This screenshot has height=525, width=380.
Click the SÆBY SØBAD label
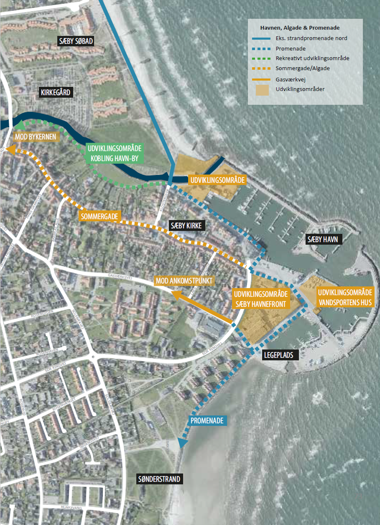point(76,41)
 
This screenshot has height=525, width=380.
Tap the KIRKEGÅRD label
point(56,92)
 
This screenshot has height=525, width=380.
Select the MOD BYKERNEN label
point(36,137)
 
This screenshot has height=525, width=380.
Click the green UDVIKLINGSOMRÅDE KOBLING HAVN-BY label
point(115,153)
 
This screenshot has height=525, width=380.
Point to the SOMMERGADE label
point(100,216)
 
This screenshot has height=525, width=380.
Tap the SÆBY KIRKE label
point(186,226)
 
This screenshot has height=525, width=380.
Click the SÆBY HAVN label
point(323,239)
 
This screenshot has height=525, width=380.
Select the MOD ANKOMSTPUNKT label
point(184,281)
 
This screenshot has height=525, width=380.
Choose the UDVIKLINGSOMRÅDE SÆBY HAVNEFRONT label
point(261,299)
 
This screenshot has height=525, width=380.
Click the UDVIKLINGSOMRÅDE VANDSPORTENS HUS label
point(345,297)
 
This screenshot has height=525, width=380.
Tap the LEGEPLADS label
point(279,355)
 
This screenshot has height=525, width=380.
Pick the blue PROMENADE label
point(207,421)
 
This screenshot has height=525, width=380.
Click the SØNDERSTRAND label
point(159,479)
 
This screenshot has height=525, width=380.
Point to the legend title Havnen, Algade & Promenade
point(300,28)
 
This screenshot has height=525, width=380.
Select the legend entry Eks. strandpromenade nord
point(311,38)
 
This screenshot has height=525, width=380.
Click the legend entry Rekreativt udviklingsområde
point(312,58)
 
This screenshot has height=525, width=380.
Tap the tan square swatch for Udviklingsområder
point(262,90)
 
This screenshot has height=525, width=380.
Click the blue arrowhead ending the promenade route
point(183,443)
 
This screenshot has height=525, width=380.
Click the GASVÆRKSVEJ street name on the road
point(120,277)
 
